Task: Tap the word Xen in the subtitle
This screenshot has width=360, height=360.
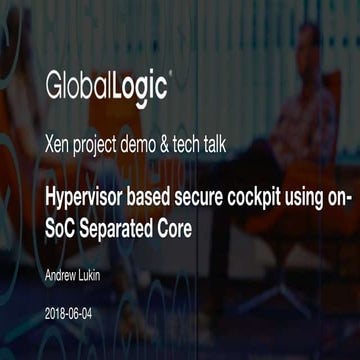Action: [x=59, y=142]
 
